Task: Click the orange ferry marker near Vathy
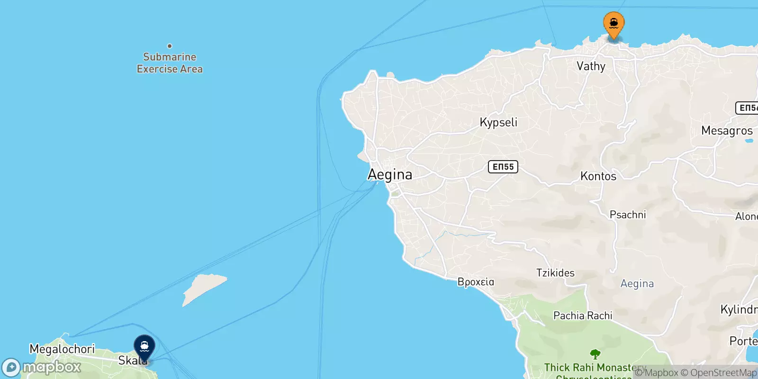coord(614,24)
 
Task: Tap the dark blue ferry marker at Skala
coord(144,348)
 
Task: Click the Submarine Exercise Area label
coord(170,63)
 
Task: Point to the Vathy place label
coord(591,66)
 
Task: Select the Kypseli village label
coord(498,122)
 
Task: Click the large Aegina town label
coord(390,174)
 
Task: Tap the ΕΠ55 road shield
coord(503,167)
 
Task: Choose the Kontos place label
coord(598,176)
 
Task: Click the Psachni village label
coord(628,215)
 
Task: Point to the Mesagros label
coord(727,131)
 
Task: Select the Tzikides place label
coord(555,273)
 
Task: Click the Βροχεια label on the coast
coord(476,282)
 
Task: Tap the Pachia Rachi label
coord(583,316)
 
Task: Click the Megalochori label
coord(62,349)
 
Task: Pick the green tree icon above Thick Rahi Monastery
coord(596,354)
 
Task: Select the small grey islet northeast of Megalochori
coord(204,288)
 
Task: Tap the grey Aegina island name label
coord(637,283)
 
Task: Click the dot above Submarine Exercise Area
coord(170,46)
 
